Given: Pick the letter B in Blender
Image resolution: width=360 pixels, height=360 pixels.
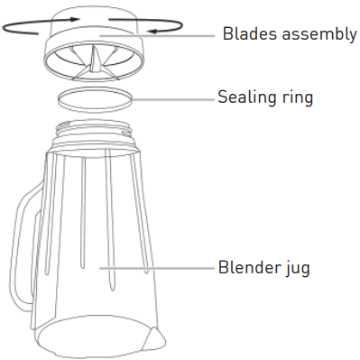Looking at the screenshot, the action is click(223, 268).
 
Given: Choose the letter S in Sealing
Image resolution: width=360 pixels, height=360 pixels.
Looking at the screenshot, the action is click(223, 97).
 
